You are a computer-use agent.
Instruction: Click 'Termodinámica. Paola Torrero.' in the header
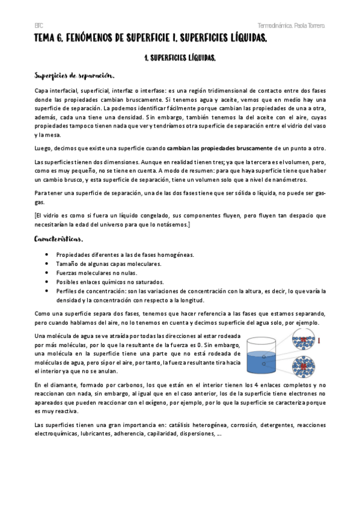(291, 26)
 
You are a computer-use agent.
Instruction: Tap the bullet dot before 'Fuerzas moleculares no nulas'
(47, 272)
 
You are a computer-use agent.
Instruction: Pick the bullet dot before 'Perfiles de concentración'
(47, 291)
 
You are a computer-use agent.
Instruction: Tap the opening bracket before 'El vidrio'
(36, 215)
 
